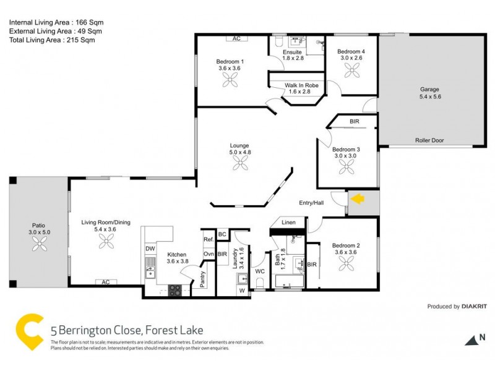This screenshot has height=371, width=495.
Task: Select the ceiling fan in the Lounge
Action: click(x=239, y=163)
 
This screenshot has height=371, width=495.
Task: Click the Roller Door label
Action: click(x=429, y=140)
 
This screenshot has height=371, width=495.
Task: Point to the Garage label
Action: click(x=429, y=89)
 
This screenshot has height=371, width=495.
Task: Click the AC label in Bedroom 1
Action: click(x=236, y=38)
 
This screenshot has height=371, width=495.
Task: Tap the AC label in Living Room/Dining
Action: click(x=106, y=282)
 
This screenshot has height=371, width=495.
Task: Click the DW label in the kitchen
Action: click(x=150, y=249)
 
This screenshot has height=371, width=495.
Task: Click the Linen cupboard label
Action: click(x=288, y=223)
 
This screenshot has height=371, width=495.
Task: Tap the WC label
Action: click(x=259, y=270)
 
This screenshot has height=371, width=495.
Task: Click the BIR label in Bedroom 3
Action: click(x=354, y=122)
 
